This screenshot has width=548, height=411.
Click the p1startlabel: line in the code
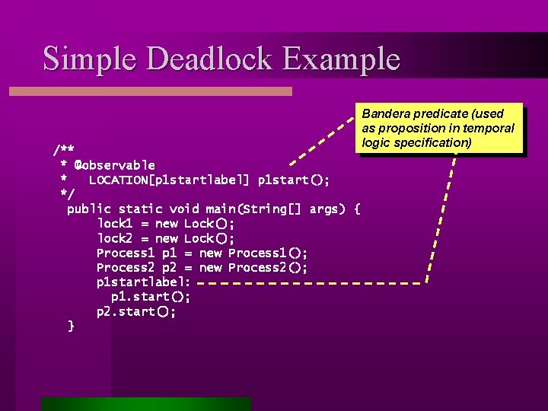(x=143, y=282)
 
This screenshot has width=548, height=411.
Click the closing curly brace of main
(x=71, y=327)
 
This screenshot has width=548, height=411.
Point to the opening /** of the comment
(x=63, y=149)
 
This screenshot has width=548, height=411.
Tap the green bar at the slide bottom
(x=145, y=404)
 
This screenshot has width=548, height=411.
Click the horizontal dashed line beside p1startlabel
(x=312, y=283)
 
